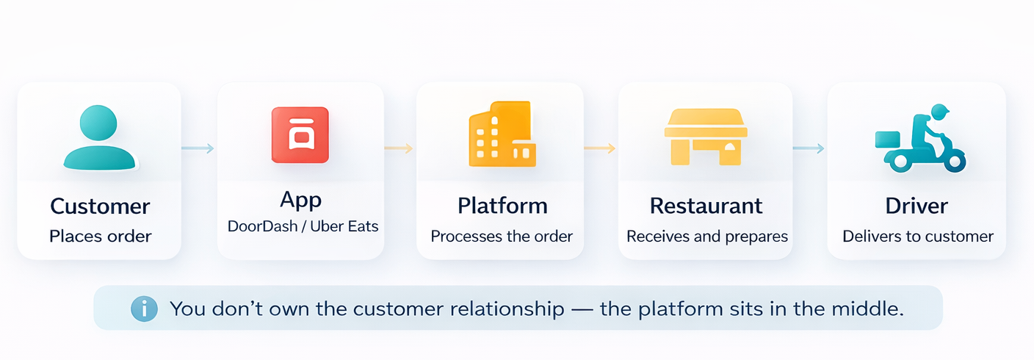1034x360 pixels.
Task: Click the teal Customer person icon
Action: point(99,137)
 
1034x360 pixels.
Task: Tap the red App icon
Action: point(300,135)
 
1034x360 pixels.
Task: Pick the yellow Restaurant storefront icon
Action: point(705,137)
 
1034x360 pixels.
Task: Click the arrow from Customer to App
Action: point(198,148)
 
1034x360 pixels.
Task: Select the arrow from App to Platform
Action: point(399,148)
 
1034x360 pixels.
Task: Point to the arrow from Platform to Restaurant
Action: point(599,148)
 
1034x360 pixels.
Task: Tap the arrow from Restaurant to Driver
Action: point(809,148)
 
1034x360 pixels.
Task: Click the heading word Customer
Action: point(100,206)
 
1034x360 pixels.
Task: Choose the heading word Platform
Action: point(502,205)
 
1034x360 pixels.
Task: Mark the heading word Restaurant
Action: point(706,205)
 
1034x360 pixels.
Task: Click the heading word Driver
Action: point(916,205)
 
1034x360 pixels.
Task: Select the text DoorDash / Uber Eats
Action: point(303,226)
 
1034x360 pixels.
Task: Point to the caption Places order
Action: point(100,237)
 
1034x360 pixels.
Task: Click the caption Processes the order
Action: point(502,237)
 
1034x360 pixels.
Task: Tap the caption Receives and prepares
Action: point(706,237)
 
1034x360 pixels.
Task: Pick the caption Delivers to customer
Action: point(917,237)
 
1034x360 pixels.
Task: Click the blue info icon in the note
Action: point(144,309)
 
